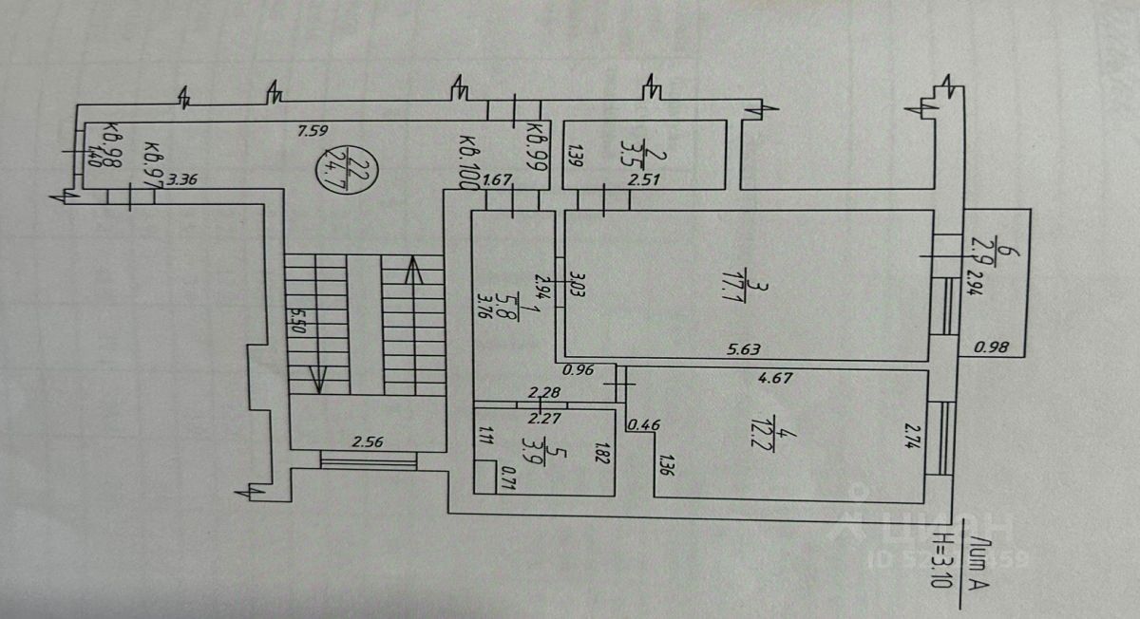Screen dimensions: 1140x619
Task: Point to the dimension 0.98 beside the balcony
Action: coord(990,348)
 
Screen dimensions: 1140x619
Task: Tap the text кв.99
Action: coord(537,146)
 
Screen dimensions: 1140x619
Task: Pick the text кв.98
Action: coord(103,150)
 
